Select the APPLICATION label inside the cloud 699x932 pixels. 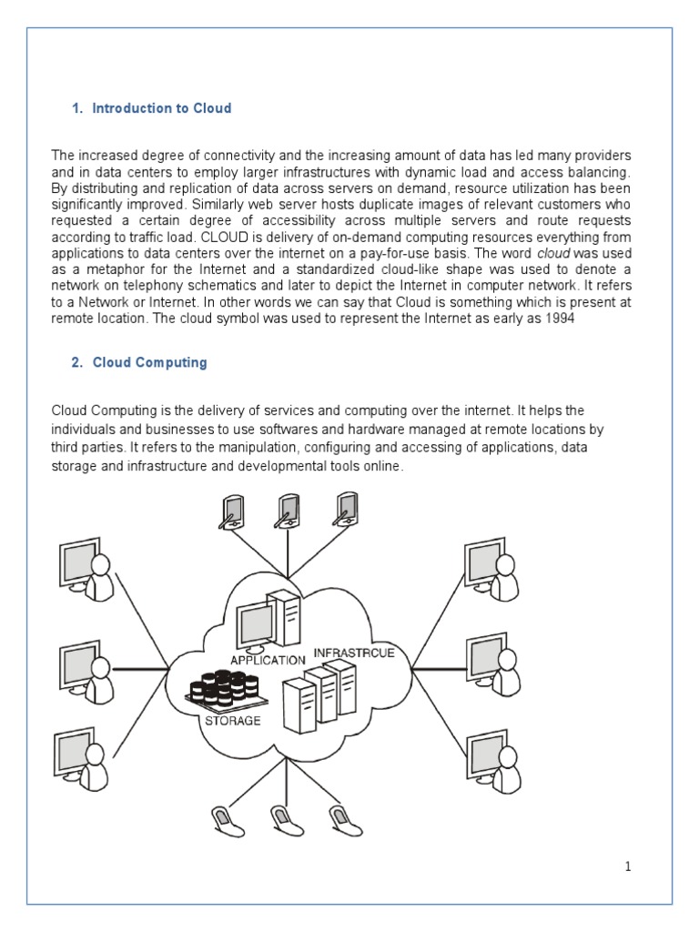268,660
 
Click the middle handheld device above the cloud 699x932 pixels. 288,512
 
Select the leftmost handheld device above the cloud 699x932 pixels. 230,512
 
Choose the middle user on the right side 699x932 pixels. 493,663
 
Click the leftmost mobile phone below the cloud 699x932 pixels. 222,816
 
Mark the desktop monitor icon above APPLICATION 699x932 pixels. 257,625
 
